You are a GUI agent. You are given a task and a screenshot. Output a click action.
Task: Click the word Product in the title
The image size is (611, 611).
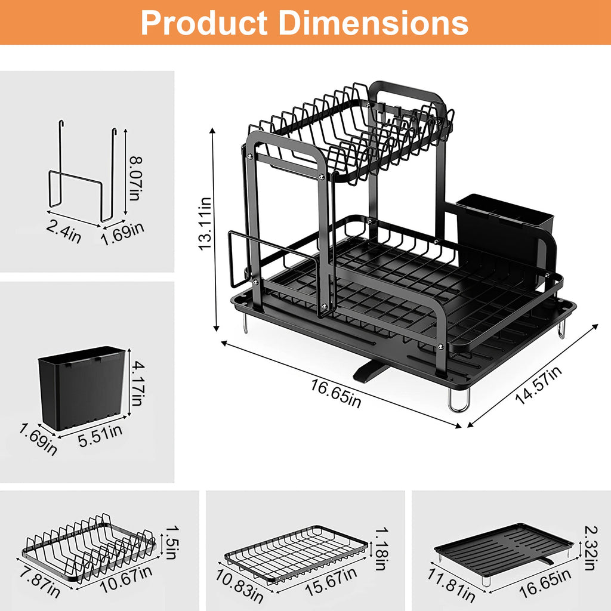(x=203, y=23)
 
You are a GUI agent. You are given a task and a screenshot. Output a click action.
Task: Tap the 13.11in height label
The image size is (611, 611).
(x=205, y=224)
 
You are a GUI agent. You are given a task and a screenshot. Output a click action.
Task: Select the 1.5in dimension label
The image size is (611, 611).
(x=171, y=541)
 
